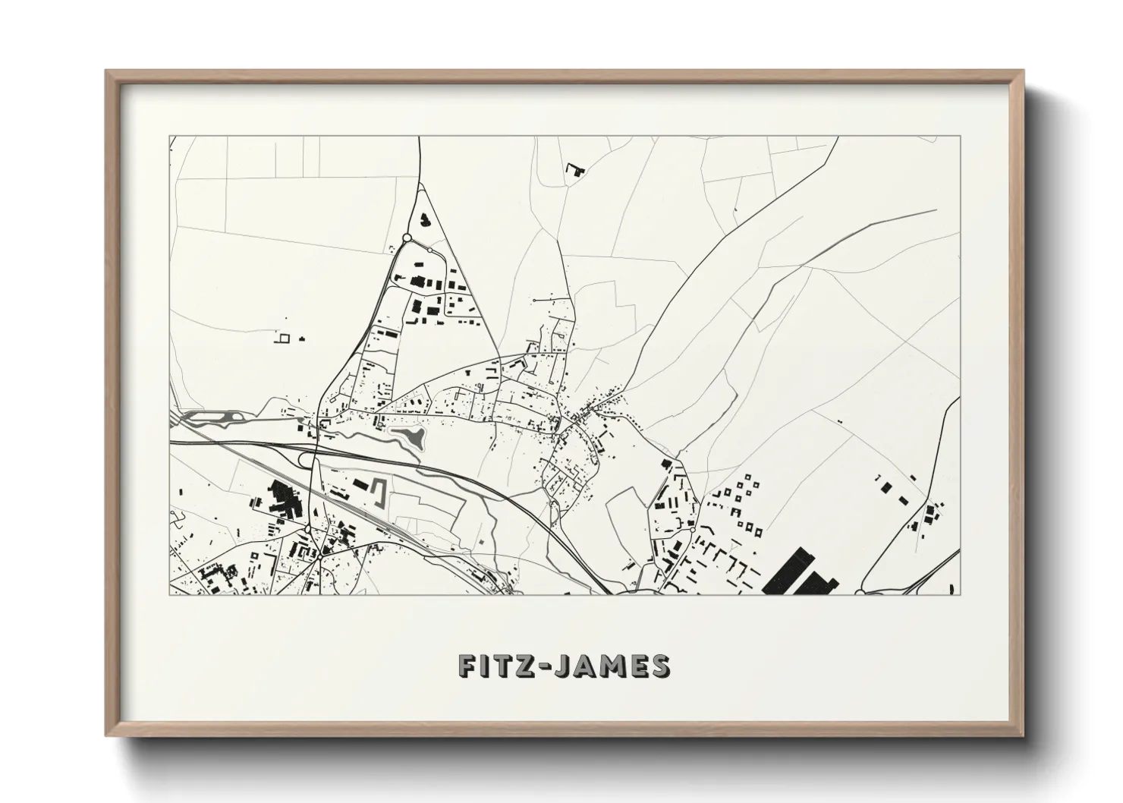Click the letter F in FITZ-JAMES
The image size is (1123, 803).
(x=468, y=666)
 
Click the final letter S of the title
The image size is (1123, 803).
(x=659, y=666)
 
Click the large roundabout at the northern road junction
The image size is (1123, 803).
(x=407, y=238)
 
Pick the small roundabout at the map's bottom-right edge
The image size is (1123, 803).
(x=859, y=593)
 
